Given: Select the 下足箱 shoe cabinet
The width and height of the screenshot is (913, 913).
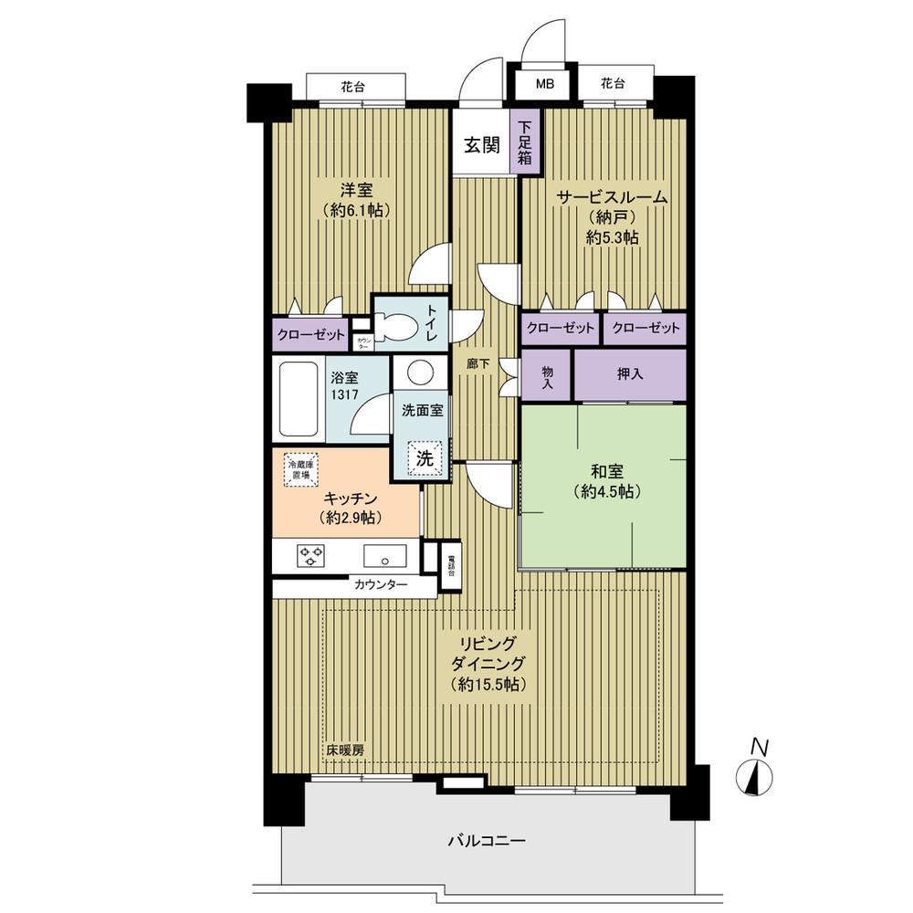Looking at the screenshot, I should pos(528,142).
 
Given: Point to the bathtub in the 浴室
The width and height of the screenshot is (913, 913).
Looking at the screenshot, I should pos(298,399).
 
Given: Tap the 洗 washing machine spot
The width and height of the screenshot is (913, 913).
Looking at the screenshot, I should pos(425,459).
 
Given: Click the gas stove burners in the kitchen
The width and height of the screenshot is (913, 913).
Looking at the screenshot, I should pos(311,555).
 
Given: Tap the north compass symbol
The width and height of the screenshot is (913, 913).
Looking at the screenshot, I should pos(756,776).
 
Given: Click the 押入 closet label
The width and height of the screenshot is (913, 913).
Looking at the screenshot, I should pos(629,375).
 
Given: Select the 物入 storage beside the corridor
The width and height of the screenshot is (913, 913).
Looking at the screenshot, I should pos(547,375).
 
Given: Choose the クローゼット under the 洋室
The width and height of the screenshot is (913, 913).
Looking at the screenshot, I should pos(312,334).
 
